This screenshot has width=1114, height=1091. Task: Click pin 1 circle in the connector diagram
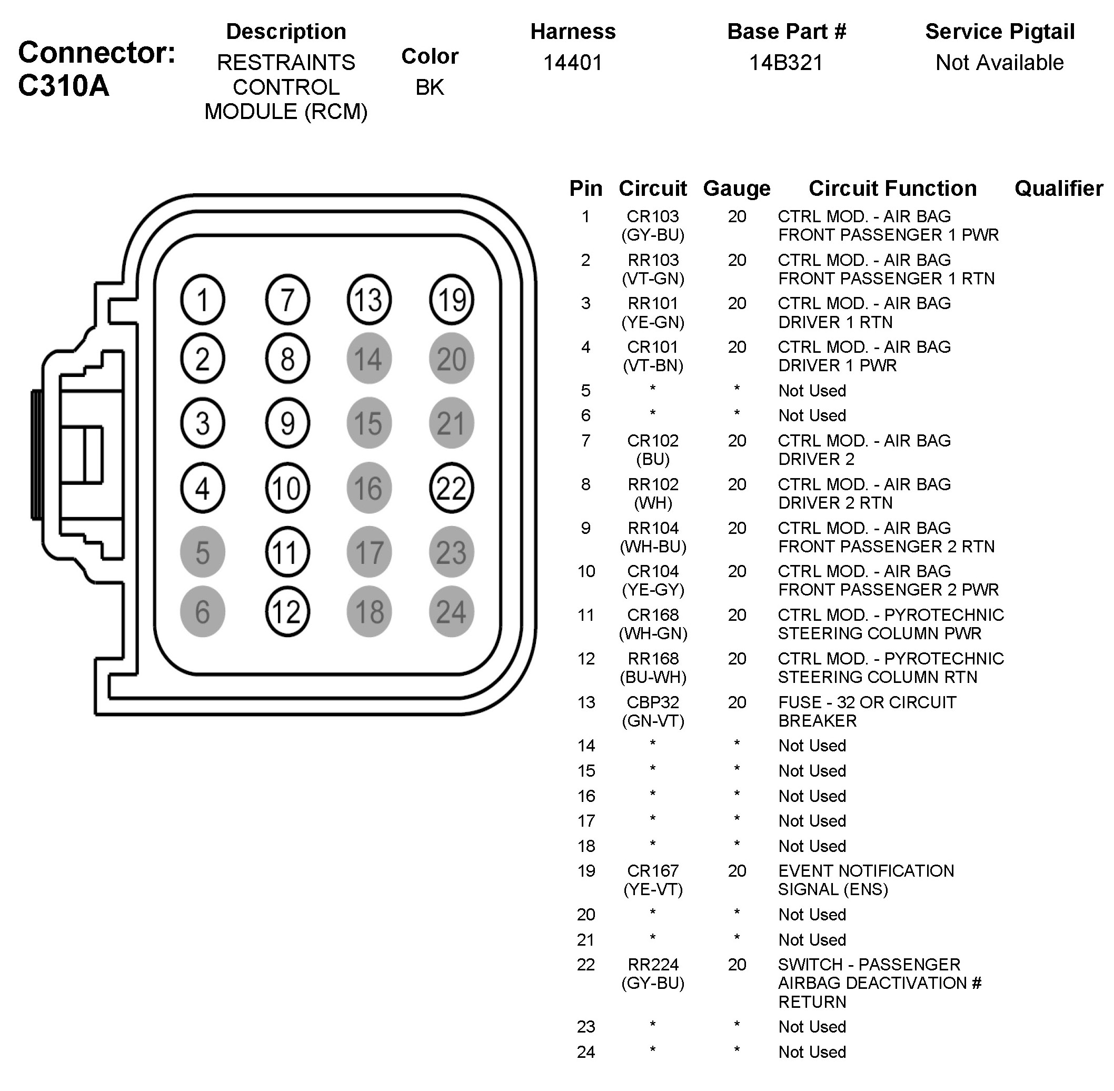(x=202, y=300)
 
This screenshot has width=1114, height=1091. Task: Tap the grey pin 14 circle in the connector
(x=369, y=359)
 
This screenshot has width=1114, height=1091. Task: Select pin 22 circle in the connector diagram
(x=451, y=488)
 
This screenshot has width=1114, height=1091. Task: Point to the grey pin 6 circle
(x=202, y=611)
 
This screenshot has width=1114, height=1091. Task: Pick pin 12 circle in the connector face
(x=287, y=611)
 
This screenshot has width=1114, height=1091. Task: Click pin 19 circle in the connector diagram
(x=451, y=300)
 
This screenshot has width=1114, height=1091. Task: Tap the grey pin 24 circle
(x=451, y=611)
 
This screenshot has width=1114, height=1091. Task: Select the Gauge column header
(x=737, y=188)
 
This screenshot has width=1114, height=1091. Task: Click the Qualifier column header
(x=1058, y=188)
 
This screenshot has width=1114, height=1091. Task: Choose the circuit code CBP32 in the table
(x=653, y=702)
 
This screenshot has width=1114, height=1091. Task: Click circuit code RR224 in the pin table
(x=653, y=965)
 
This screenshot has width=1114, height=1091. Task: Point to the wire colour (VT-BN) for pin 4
(x=653, y=365)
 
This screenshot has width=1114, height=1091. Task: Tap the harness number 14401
(x=572, y=63)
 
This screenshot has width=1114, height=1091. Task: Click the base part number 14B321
(x=785, y=63)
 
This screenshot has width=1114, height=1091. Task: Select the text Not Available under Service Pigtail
(x=999, y=63)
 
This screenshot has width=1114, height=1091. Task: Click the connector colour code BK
(x=430, y=87)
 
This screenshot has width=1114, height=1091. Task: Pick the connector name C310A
(x=63, y=86)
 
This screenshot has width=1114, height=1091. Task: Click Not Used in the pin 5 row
(x=812, y=391)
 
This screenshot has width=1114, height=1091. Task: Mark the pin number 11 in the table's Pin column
(x=585, y=616)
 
